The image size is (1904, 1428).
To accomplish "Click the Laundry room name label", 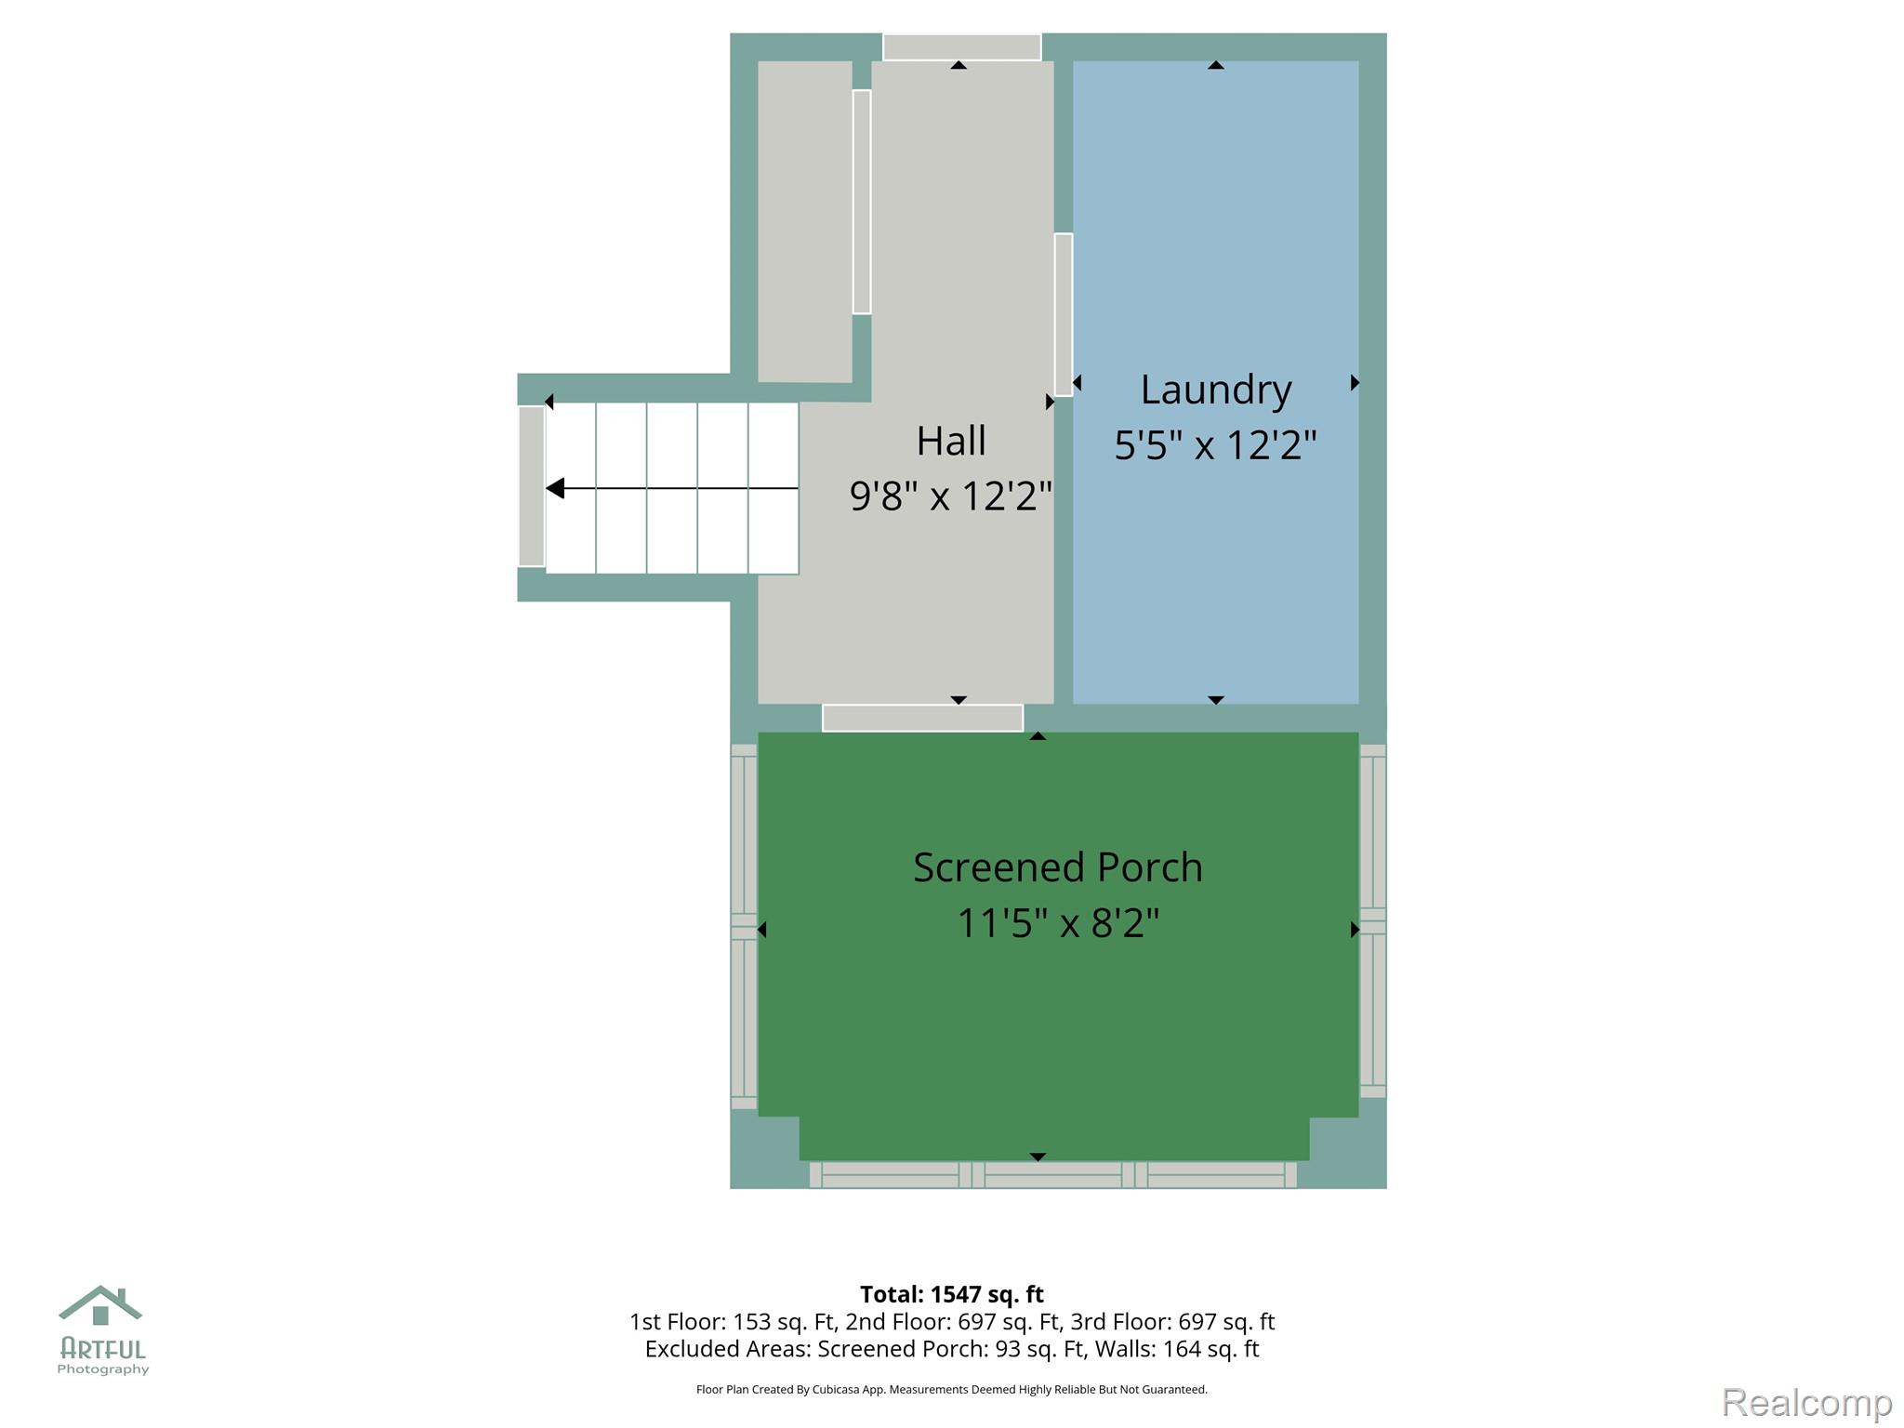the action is point(1216,390).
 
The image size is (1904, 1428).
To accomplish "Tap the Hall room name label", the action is point(951,441).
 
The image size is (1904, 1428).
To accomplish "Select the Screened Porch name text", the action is point(1058,867).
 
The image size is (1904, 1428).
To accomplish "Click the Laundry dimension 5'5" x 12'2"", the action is point(1216,445).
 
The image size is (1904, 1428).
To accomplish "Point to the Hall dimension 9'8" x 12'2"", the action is point(951,496).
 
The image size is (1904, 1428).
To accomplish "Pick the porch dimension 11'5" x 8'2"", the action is point(1058,923).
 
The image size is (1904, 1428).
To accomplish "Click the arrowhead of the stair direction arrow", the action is point(555,488).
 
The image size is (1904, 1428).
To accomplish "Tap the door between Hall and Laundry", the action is point(1064,314).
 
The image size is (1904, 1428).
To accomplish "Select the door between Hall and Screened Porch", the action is point(922,718).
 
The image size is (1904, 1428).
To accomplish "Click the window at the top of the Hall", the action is point(961,46).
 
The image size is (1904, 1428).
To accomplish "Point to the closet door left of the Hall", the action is point(862,202).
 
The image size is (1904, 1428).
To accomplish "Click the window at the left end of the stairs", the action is point(532,486).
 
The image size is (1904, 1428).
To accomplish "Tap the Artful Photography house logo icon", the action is point(100,1305).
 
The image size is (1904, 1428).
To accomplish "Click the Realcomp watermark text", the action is point(1806,1402).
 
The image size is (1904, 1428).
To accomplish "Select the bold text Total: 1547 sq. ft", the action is point(952,1294).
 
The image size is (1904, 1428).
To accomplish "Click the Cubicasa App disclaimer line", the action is point(952,1390).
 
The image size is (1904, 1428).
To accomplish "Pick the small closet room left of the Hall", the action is point(805,221).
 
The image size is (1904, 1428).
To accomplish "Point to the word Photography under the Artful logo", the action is point(103,1369).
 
